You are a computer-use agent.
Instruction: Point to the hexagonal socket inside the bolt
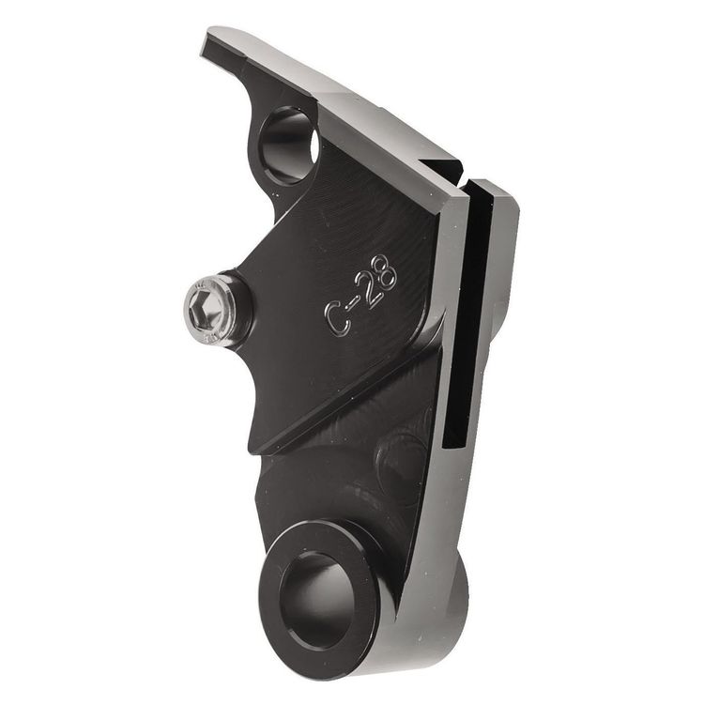(x=203, y=309)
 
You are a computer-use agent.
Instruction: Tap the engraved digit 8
(x=385, y=274)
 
